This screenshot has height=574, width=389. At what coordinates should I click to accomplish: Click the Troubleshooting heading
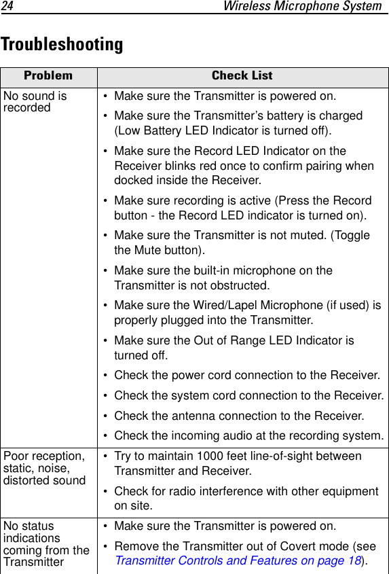(62, 45)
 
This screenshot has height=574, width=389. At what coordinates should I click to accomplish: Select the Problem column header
(48, 76)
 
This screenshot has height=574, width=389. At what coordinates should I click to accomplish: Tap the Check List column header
(242, 76)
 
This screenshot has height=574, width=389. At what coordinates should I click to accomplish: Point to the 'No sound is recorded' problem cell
(35, 102)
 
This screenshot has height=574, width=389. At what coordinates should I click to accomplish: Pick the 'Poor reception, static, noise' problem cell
(45, 468)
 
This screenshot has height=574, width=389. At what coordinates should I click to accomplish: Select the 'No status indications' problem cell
(46, 543)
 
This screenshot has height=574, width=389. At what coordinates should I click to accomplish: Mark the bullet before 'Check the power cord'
(106, 376)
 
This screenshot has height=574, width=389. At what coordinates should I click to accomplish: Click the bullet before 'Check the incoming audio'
(106, 435)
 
